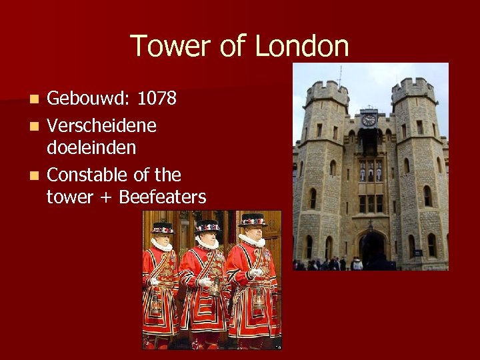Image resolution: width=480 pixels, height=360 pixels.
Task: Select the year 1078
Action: click(x=157, y=99)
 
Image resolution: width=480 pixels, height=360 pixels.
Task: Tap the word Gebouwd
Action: click(x=89, y=99)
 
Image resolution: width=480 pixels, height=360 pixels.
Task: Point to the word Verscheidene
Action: click(x=102, y=125)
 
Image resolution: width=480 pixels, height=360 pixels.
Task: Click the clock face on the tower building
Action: click(x=369, y=120)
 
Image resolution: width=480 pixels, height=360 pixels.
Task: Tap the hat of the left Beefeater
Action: click(x=162, y=228)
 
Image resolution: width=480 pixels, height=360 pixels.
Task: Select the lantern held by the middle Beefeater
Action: click(x=215, y=287)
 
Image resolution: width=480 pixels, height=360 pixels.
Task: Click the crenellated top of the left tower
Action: click(x=326, y=91)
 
